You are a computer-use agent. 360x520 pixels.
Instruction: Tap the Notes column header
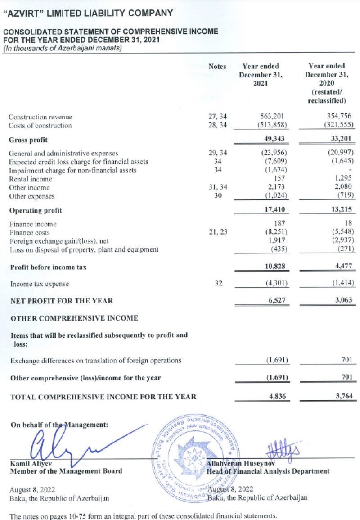click(x=217, y=67)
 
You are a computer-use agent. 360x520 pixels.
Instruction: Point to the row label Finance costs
click(x=30, y=232)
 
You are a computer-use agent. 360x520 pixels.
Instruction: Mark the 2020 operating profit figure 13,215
click(x=342, y=210)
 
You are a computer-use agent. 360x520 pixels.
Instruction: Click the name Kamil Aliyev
click(x=28, y=463)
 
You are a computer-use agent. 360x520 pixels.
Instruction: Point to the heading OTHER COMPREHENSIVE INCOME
click(x=74, y=318)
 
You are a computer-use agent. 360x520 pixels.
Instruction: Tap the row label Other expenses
click(x=32, y=196)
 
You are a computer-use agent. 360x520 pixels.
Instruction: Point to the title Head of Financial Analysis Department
click(x=268, y=471)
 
